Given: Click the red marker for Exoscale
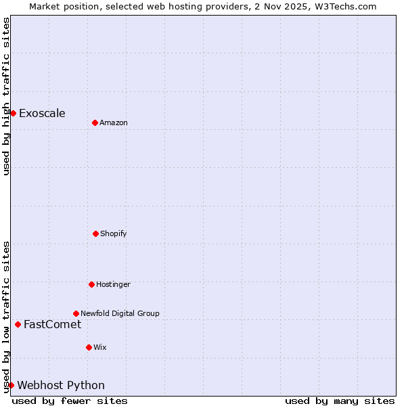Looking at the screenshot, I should coord(13,113).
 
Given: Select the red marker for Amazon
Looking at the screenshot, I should coord(95,122).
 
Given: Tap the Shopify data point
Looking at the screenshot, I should coord(95,233).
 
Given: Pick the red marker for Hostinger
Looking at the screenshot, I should coord(91,284).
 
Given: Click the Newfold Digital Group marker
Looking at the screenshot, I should coord(76,313).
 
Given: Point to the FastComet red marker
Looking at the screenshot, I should coord(18,324).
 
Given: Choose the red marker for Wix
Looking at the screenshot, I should coord(89,347).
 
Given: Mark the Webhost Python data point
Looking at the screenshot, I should coord(11,385).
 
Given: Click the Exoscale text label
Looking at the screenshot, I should coord(42,113).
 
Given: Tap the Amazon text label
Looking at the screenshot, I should coord(114,122).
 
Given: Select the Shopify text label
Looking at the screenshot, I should coord(114,233).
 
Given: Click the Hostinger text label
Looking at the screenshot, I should coord(113,284).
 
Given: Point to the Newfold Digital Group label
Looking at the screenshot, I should coord(120,313).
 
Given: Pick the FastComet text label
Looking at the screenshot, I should coord(52,324).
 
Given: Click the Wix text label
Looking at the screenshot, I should coord(100,347).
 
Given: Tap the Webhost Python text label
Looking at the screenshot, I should coord(61,385).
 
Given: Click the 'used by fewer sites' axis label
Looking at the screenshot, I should coord(70,401).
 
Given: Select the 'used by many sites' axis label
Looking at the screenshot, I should coord(340,401).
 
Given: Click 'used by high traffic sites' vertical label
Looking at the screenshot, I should coord(6,96).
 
